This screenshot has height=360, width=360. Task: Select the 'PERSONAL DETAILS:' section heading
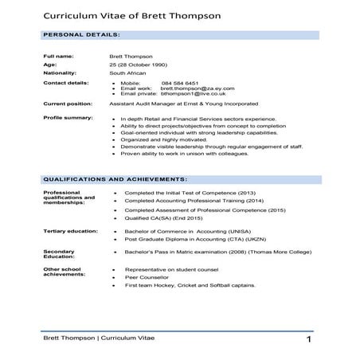pyautogui.click(x=81, y=35)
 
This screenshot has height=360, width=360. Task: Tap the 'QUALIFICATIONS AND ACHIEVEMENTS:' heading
pyautogui.click(x=115, y=179)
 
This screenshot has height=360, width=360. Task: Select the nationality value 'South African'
pyautogui.click(x=128, y=73)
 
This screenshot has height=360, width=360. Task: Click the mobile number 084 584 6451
pyautogui.click(x=180, y=82)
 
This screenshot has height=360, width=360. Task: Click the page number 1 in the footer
pyautogui.click(x=307, y=341)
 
